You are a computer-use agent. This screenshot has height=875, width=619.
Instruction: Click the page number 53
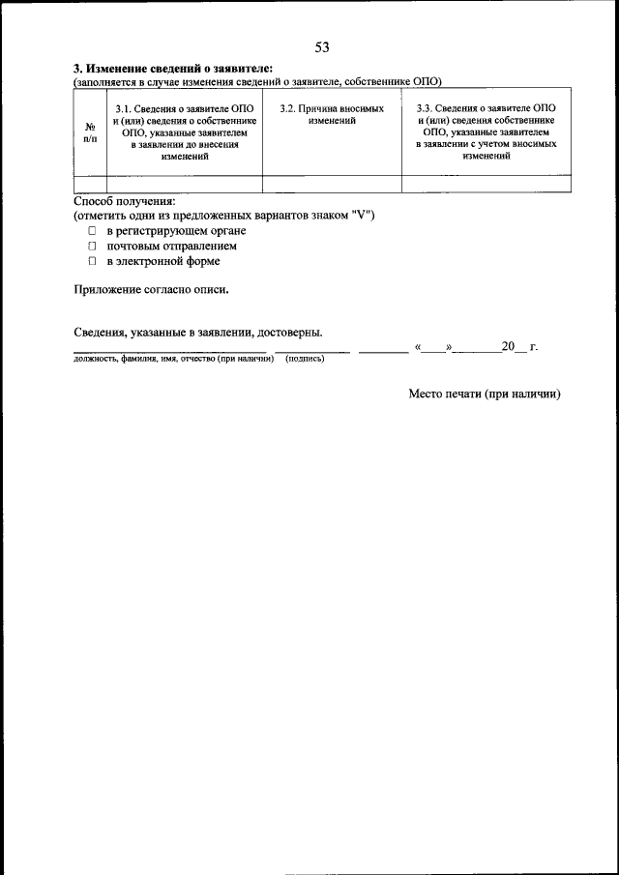pos(322,47)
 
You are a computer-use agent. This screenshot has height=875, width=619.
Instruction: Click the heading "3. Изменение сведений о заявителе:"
pos(173,70)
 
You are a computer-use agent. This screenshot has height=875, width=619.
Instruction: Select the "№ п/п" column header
pos(90,132)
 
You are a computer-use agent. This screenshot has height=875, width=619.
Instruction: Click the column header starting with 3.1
pos(185,132)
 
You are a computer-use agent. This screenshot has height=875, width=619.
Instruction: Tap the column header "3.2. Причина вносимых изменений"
pos(332,115)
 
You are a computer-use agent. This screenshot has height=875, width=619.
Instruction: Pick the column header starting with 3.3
pos(486,132)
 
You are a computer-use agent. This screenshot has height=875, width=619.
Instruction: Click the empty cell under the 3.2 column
pos(332,184)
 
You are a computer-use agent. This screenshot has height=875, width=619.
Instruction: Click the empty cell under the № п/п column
pos(90,184)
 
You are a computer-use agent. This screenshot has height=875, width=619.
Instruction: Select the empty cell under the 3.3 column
pos(486,184)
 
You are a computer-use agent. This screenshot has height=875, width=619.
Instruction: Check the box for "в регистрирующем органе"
pos(93,231)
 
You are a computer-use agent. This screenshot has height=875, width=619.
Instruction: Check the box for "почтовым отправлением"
pos(93,247)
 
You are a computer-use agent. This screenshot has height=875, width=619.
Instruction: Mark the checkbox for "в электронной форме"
pos(93,261)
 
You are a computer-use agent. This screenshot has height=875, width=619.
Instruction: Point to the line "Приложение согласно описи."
pos(152,288)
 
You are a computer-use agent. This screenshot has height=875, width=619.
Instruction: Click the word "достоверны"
pos(290,333)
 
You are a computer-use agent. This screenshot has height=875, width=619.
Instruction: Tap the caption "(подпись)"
pos(305,359)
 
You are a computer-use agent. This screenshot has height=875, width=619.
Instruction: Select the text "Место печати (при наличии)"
pos(484,394)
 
